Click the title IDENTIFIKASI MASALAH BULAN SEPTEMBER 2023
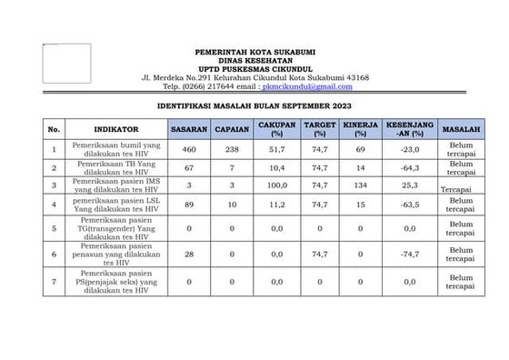coord(254,106)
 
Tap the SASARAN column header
coord(190,129)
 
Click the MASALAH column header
coord(461,129)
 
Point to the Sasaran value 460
coord(189,148)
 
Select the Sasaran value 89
coord(189,206)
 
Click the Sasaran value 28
coord(189,256)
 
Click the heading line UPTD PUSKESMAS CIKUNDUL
coord(254,68)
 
